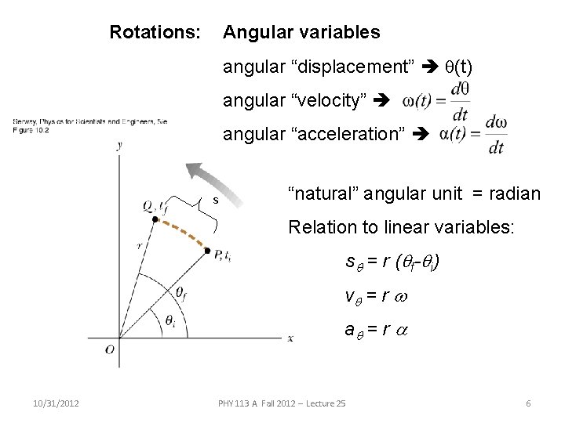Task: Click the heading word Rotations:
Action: tap(155, 33)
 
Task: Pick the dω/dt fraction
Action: tap(494, 134)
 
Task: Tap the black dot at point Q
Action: tap(155, 220)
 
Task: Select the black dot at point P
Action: tap(207, 252)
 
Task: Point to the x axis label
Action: tap(290, 338)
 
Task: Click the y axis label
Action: tap(119, 146)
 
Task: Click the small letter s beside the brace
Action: tap(214, 201)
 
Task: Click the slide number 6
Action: tap(529, 403)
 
